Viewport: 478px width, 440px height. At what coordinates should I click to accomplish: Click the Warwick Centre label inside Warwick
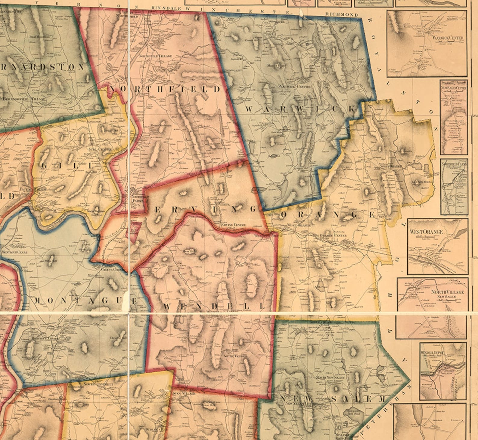point(294,86)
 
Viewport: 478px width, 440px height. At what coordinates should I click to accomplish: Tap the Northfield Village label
point(155,56)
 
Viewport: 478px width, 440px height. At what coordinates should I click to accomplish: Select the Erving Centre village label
point(233,225)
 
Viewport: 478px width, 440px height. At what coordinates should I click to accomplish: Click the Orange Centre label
point(333,235)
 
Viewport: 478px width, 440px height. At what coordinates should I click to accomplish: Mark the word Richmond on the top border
point(341,14)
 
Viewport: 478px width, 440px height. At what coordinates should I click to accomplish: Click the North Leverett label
point(94,384)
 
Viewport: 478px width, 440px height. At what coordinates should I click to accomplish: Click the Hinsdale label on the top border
point(166,8)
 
